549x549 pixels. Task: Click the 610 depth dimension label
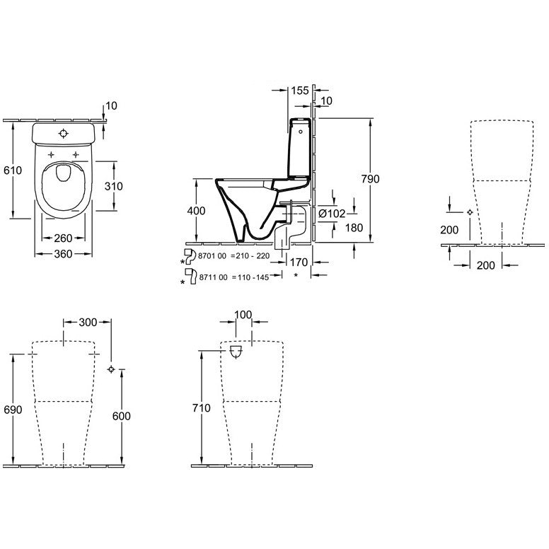click(13, 171)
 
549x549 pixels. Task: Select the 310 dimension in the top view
click(113, 186)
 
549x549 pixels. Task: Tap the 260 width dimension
click(63, 238)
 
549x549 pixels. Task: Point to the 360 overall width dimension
click(63, 254)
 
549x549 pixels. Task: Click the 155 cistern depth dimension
click(300, 91)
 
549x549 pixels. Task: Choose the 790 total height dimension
click(371, 179)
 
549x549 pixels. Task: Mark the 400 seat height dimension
click(196, 211)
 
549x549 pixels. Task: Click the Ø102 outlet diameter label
click(332, 213)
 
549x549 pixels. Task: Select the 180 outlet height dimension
click(354, 228)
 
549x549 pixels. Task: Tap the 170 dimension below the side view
click(299, 262)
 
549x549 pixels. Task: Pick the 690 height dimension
click(13, 410)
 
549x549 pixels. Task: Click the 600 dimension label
click(121, 416)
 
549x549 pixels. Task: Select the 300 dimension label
click(88, 322)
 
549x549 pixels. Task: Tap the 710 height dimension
click(202, 408)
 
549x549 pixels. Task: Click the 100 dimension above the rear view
click(243, 315)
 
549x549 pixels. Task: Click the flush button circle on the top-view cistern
click(64, 134)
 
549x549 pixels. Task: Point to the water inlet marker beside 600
click(111, 369)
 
